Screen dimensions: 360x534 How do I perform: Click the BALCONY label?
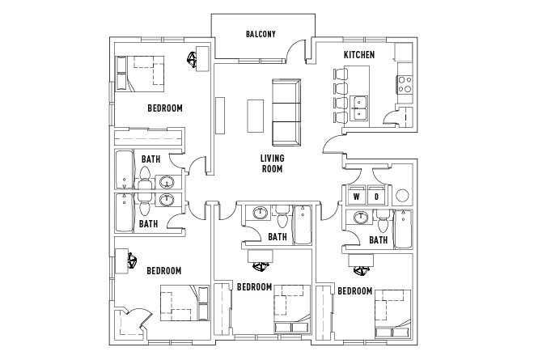tap(261, 34)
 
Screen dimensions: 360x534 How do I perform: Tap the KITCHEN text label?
tap(359, 54)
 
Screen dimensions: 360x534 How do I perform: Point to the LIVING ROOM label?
tap(271, 163)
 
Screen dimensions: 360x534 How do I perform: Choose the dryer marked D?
tap(377, 196)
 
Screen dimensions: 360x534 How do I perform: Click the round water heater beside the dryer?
tap(404, 196)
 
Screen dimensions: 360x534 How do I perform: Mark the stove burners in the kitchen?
tap(402, 83)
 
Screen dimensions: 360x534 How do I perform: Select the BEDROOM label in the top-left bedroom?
tap(164, 108)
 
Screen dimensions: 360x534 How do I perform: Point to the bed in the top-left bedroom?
tap(141, 74)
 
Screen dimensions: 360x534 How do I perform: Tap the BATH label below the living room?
tap(278, 237)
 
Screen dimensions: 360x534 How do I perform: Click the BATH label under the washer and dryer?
tap(379, 239)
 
